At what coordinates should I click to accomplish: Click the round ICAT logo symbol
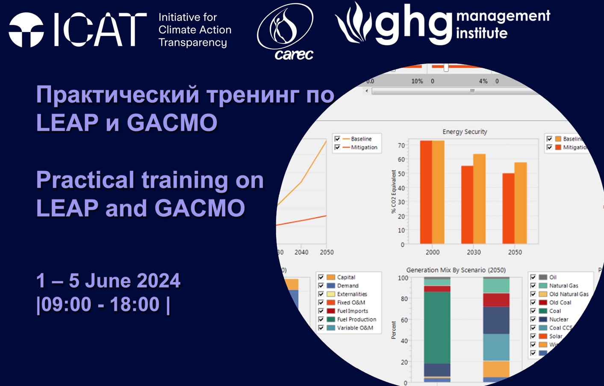point(26,30)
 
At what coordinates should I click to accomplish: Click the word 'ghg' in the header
point(413,25)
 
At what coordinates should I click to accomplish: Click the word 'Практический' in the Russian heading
point(118,95)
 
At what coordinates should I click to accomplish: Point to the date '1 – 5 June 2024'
point(108,281)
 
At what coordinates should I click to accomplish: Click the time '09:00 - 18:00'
point(100,304)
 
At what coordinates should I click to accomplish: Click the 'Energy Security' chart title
point(465,132)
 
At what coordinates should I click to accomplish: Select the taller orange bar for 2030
point(480,199)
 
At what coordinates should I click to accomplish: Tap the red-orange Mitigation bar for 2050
point(508,208)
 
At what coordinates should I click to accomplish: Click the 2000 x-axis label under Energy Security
point(432,252)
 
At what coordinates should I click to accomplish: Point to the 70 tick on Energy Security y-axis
point(401,146)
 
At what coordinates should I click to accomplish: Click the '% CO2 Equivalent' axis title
point(393,192)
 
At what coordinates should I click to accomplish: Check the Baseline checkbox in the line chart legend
point(337,139)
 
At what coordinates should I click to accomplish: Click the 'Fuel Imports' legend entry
point(352,311)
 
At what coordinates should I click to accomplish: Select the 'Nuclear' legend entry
point(559,319)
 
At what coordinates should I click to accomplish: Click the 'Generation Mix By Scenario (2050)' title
point(456,270)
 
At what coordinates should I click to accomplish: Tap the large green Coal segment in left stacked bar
point(437,328)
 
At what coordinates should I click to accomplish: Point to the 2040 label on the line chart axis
point(301,252)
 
